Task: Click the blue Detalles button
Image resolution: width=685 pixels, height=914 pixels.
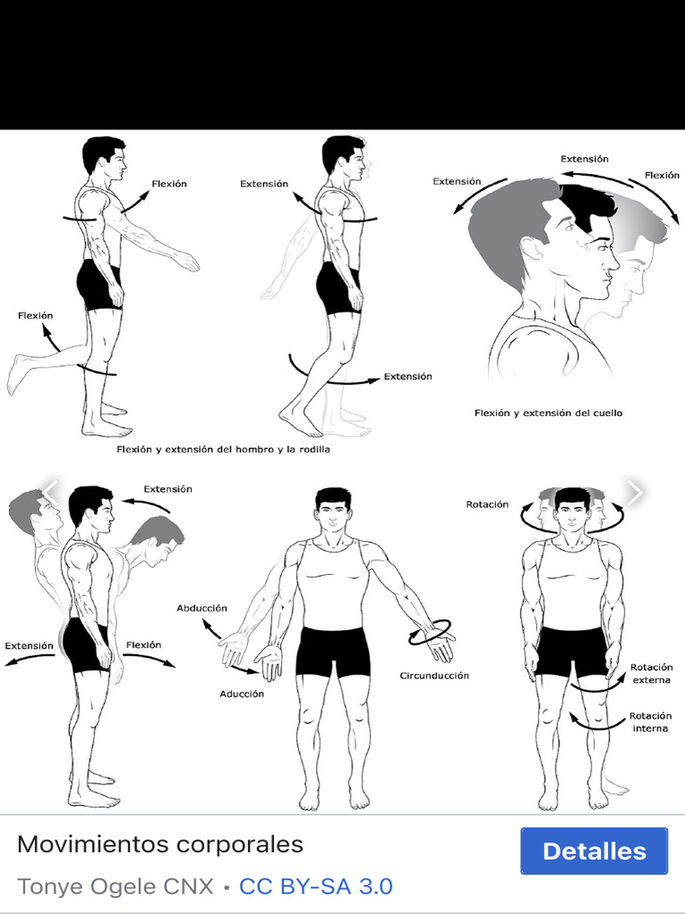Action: click(593, 851)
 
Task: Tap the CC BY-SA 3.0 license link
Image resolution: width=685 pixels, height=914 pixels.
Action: click(316, 886)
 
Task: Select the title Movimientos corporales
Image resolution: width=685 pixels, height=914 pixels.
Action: click(161, 844)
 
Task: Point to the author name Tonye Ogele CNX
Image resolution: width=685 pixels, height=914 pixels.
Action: click(116, 886)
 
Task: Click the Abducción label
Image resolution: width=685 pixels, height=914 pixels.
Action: click(202, 609)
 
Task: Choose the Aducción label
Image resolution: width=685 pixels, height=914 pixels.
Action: click(242, 694)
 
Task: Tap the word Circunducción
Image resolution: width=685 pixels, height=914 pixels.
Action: click(434, 676)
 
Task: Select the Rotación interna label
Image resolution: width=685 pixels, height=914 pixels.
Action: click(650, 722)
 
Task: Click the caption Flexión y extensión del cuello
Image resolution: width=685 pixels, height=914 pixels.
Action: click(549, 413)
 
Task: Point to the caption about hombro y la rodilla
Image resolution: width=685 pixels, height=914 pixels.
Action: click(223, 450)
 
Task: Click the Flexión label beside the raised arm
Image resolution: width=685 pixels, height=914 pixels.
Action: click(169, 184)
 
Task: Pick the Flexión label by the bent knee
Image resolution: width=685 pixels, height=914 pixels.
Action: click(36, 316)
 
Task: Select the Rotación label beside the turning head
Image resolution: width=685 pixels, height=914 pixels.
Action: click(487, 504)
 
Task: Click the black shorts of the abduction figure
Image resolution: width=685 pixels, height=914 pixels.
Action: click(333, 651)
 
